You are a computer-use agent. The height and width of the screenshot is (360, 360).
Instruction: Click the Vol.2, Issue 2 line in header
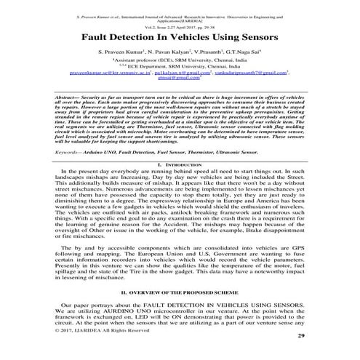pos(180,24)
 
